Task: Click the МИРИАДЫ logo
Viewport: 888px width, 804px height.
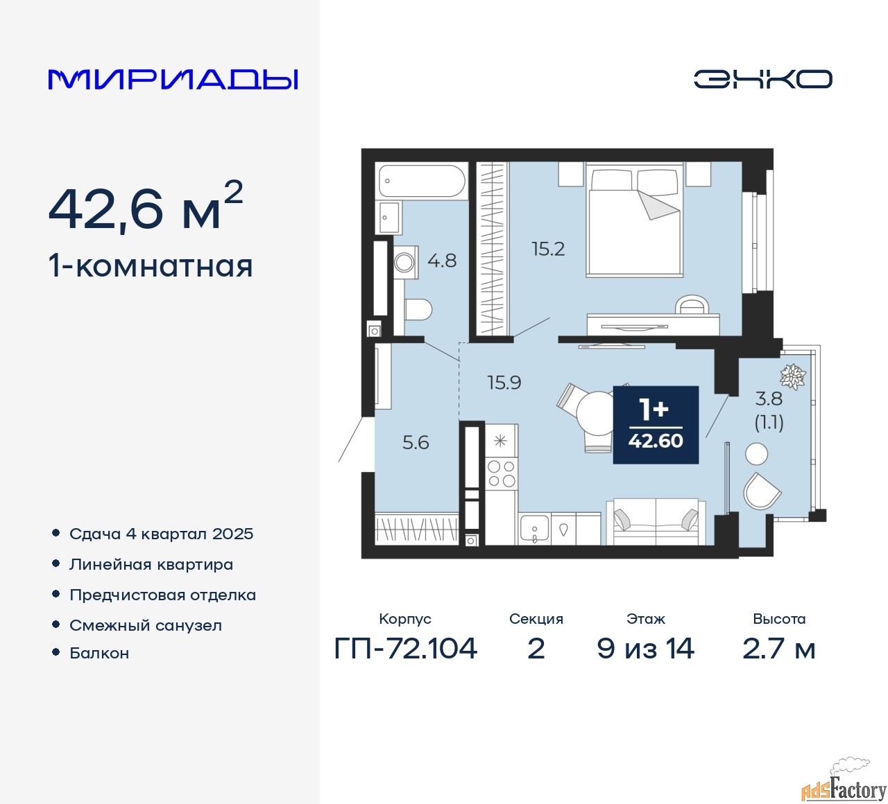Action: pos(173,79)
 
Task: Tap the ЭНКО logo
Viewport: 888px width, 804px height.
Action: pos(762,79)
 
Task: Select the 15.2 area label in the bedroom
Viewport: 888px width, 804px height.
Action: pos(548,249)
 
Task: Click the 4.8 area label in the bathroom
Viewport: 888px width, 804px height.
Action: pos(442,261)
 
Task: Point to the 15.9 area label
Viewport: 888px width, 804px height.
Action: pos(504,382)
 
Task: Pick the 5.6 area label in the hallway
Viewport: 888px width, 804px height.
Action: pos(416,442)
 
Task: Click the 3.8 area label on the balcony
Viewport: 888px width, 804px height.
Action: pos(769,399)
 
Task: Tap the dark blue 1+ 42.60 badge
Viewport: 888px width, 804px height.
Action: pos(656,425)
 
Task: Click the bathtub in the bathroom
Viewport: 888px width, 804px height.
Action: pos(421,182)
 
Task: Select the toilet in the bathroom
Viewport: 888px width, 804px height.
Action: pos(418,310)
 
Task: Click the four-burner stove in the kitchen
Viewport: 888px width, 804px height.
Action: pos(502,473)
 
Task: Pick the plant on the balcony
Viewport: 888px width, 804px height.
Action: pos(793,376)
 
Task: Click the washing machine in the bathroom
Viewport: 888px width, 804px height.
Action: pos(405,263)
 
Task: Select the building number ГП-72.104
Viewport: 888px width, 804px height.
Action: pos(405,648)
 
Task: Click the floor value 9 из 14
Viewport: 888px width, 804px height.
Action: pos(645,648)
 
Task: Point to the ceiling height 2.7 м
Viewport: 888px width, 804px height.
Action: pos(778,648)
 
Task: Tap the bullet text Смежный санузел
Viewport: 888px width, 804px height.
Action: pos(146,625)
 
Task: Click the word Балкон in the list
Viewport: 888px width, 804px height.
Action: pos(99,653)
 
